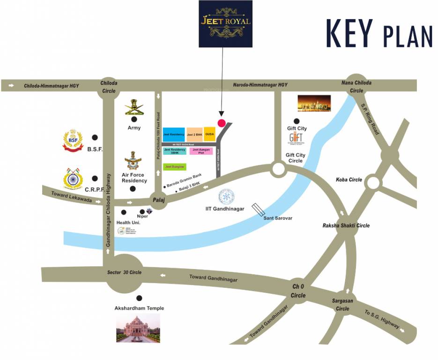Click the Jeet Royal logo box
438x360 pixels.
pos(225,23)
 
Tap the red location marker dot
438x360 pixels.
pos(222,123)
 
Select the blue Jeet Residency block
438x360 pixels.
pos(174,135)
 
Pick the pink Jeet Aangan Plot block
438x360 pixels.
pos(201,151)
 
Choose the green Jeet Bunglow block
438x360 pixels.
pos(175,166)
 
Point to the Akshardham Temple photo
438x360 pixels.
pos(138,328)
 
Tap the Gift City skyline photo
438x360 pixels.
pos(314,103)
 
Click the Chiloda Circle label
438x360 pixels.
pos(109,87)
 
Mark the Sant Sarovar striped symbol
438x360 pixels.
pos(259,210)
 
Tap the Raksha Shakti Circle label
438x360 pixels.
pos(346,225)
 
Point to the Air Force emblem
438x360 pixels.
pos(134,160)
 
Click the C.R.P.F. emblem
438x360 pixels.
pos(73,179)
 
